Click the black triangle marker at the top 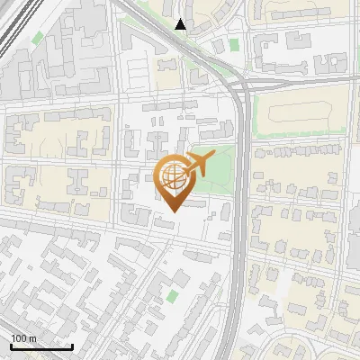(181, 24)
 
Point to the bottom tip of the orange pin (171, 211)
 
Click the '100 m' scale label (23, 338)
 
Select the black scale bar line (41, 347)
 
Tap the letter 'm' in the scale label (33, 338)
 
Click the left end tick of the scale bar (11, 346)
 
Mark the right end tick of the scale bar (72, 346)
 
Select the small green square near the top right (234, 44)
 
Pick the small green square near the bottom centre (173, 294)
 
